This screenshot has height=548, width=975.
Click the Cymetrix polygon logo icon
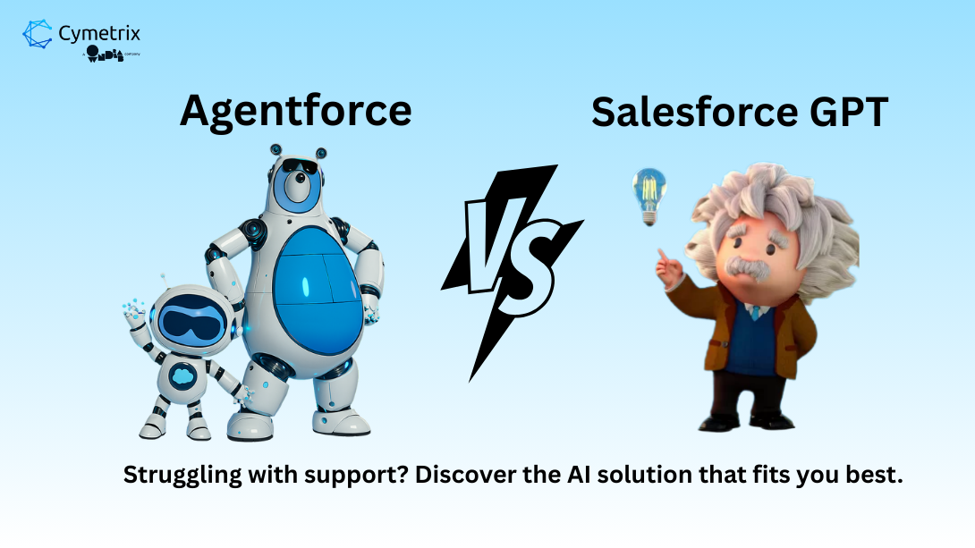point(38,35)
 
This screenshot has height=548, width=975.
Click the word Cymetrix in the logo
point(98,34)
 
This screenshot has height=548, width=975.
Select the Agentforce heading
point(295,111)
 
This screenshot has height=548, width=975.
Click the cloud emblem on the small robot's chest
point(182,375)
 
